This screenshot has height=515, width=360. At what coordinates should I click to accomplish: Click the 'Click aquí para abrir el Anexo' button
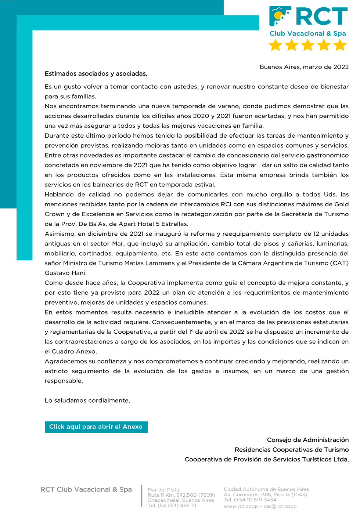pos(96,427)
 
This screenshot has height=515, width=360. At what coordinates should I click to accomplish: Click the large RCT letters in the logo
pos(321,17)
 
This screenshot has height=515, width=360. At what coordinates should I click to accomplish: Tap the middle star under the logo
pos(308,45)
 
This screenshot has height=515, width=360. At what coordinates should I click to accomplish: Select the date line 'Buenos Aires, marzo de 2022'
pos(304,67)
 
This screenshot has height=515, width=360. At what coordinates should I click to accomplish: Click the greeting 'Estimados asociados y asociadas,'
pos(96,74)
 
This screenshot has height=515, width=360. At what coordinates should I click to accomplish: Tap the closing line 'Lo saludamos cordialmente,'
pos(87,400)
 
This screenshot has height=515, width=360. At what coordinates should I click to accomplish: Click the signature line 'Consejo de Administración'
pos(308,440)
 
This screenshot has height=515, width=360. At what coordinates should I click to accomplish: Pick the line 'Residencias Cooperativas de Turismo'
pos(292,450)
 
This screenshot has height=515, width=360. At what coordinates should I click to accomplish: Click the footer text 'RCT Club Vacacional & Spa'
pos(86,489)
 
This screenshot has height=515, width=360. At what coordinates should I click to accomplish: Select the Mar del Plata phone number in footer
pos(172,505)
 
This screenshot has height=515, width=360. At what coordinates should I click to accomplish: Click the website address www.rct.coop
pos(241,506)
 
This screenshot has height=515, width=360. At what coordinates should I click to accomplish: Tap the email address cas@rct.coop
pos(280,506)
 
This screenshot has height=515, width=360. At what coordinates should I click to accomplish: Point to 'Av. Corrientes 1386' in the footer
pos(248,494)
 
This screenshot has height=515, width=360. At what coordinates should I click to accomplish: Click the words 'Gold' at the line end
pos(341,204)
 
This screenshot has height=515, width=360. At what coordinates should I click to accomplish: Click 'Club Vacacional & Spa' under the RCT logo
pos(308,34)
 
